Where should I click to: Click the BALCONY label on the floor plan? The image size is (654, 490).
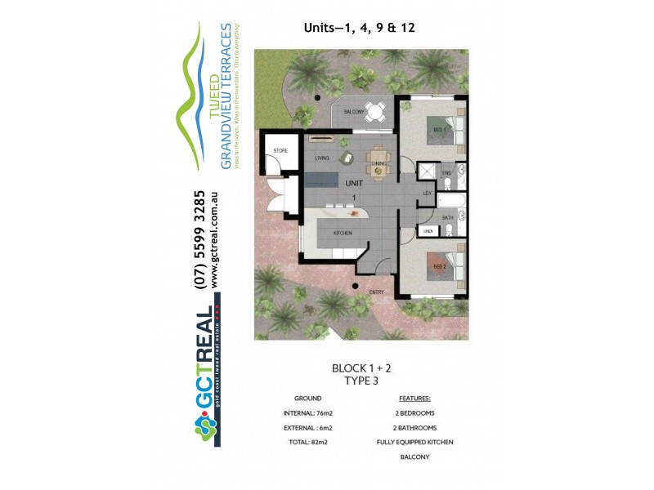[353, 111]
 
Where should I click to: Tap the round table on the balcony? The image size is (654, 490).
[375, 110]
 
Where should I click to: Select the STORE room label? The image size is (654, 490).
[280, 151]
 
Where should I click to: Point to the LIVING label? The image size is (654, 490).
[321, 158]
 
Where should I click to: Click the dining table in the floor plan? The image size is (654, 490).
[378, 160]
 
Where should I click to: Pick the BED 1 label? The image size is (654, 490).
[438, 130]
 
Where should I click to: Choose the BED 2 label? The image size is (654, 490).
[438, 267]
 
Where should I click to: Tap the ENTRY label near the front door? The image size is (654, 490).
[377, 292]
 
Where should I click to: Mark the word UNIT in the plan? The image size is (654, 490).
[354, 184]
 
